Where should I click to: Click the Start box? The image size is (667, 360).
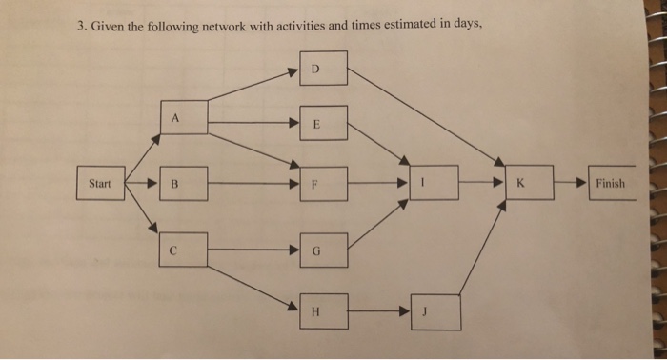pyautogui.click(x=98, y=182)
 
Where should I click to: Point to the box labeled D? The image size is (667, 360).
pyautogui.click(x=320, y=70)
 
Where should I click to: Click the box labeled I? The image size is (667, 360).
pyautogui.click(x=435, y=181)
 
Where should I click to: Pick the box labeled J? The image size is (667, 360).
pyautogui.click(x=435, y=310)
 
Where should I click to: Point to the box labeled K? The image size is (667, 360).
pyautogui.click(x=528, y=181)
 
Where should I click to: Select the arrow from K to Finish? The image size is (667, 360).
pyautogui.click(x=569, y=181)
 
